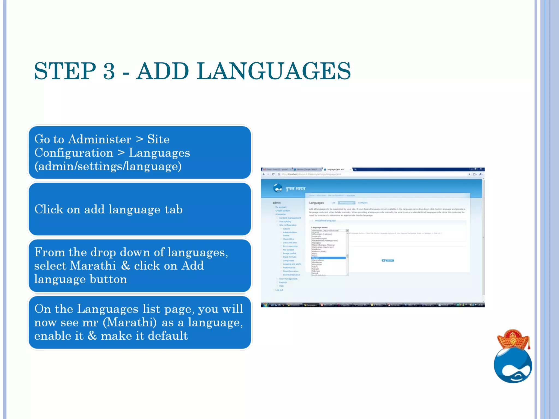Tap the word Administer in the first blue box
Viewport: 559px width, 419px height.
[x=100, y=139]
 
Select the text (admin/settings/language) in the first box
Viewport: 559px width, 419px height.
[x=108, y=166]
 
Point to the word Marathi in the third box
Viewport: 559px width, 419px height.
[x=93, y=265]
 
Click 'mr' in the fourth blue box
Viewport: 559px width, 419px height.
[x=90, y=322]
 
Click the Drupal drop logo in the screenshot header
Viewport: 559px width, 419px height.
[x=278, y=188]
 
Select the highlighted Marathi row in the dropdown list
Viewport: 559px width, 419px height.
[x=328, y=258]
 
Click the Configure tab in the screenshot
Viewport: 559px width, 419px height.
[x=363, y=203]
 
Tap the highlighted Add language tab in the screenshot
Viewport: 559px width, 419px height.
[x=347, y=203]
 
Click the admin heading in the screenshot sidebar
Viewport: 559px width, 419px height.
[x=276, y=203]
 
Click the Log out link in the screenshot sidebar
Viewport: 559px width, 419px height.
[x=279, y=290]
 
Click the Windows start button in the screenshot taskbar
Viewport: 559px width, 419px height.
[x=265, y=305]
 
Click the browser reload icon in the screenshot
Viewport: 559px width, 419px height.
[x=273, y=174]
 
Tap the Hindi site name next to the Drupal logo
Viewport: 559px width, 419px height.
[x=296, y=188]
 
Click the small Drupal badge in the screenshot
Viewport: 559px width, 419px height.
[x=388, y=261]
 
